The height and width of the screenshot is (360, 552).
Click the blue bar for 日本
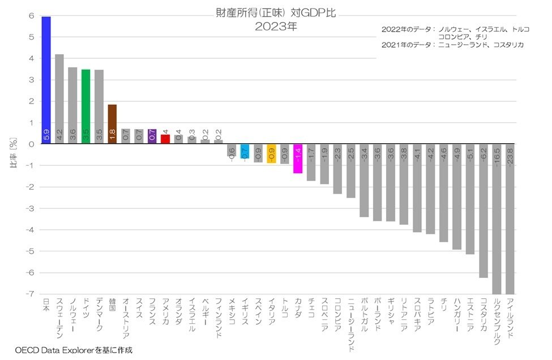pyautogui.click(x=46, y=79)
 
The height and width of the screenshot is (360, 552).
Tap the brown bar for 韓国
pyautogui.click(x=112, y=124)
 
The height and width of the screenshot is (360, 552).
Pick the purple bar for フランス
pyautogui.click(x=152, y=136)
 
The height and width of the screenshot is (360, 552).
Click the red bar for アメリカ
pyautogui.click(x=165, y=139)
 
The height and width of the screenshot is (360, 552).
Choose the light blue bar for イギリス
pyautogui.click(x=245, y=151)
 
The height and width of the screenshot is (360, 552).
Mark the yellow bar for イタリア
pyautogui.click(x=271, y=153)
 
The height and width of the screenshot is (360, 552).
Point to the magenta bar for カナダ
pyautogui.click(x=298, y=158)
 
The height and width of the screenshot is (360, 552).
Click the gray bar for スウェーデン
pyautogui.click(x=59, y=99)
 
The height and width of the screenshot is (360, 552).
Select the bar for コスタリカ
pyautogui.click(x=483, y=211)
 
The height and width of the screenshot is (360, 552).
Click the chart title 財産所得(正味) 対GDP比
pyautogui.click(x=275, y=12)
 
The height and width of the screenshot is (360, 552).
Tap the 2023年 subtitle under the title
pyautogui.click(x=275, y=26)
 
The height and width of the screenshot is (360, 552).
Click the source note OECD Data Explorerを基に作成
pyautogui.click(x=74, y=350)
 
